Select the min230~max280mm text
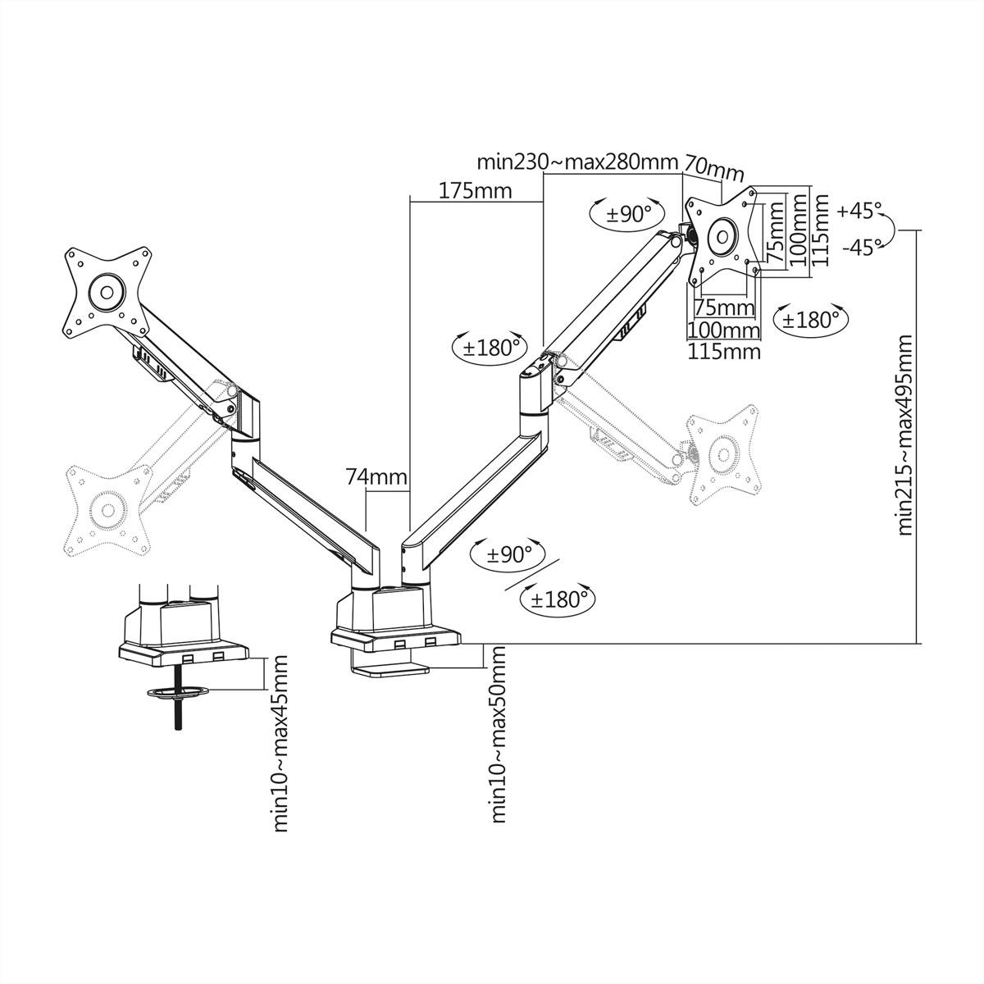click(x=578, y=162)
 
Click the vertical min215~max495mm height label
click(x=904, y=435)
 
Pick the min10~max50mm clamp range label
click(x=498, y=733)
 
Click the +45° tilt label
click(x=859, y=211)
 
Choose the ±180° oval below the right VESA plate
click(x=811, y=319)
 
